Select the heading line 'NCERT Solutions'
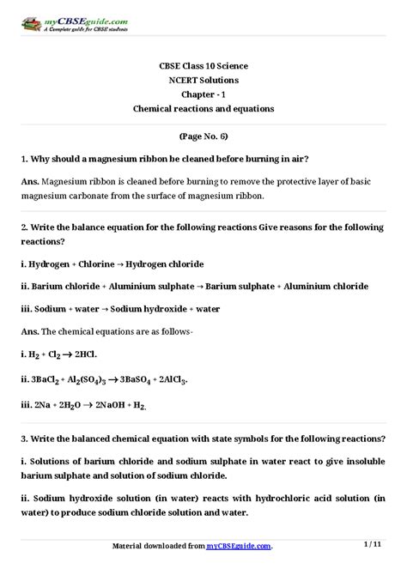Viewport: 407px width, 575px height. [203, 80]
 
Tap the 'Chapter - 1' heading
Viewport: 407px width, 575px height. [203, 94]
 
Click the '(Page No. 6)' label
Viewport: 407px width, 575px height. [203, 136]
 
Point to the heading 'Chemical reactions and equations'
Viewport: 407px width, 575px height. [203, 109]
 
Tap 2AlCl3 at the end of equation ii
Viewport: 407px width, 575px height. [173, 378]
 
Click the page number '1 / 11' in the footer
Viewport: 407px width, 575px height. [374, 545]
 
